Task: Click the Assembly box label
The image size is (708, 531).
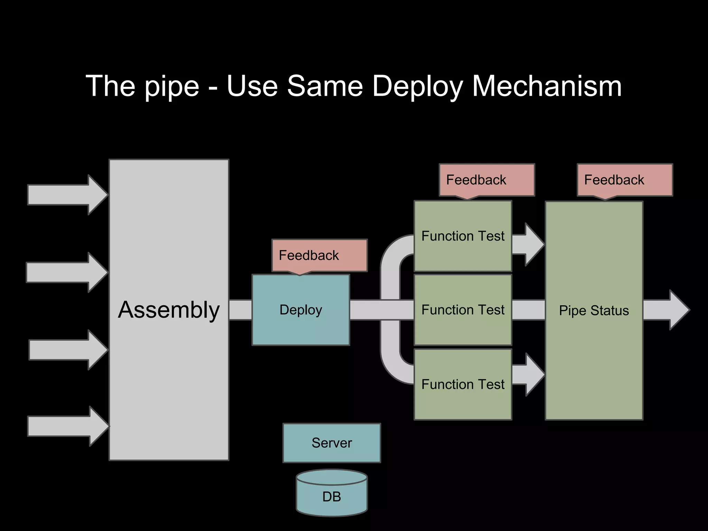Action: (x=169, y=310)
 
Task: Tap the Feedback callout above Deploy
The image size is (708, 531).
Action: (x=319, y=255)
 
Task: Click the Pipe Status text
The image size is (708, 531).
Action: (x=594, y=310)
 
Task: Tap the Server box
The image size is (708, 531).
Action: (x=332, y=443)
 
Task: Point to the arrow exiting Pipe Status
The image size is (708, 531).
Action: (x=665, y=310)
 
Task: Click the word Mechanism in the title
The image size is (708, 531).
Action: (x=547, y=86)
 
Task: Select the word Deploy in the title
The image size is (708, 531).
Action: (x=417, y=86)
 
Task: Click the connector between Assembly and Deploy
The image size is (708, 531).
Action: (x=240, y=310)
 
